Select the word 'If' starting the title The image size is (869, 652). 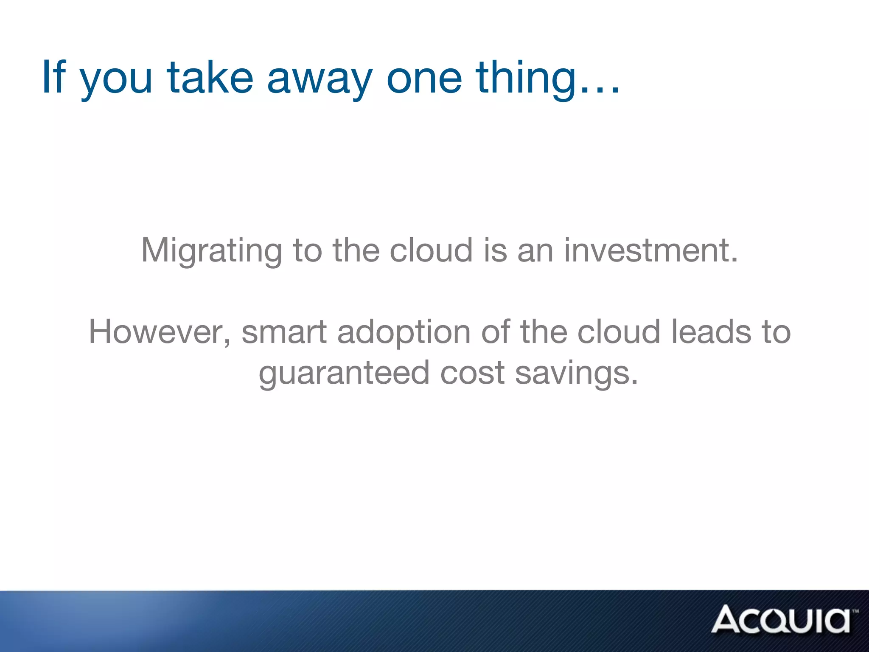54,77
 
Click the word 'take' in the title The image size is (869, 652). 210,77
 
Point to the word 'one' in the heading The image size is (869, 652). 424,79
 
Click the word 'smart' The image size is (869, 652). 284,332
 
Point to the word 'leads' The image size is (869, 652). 712,332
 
